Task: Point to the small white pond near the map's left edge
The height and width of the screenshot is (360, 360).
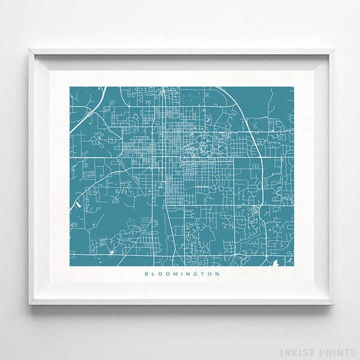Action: pos(79,203)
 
